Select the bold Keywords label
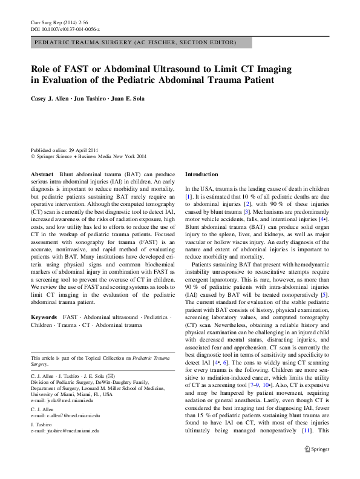45,317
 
